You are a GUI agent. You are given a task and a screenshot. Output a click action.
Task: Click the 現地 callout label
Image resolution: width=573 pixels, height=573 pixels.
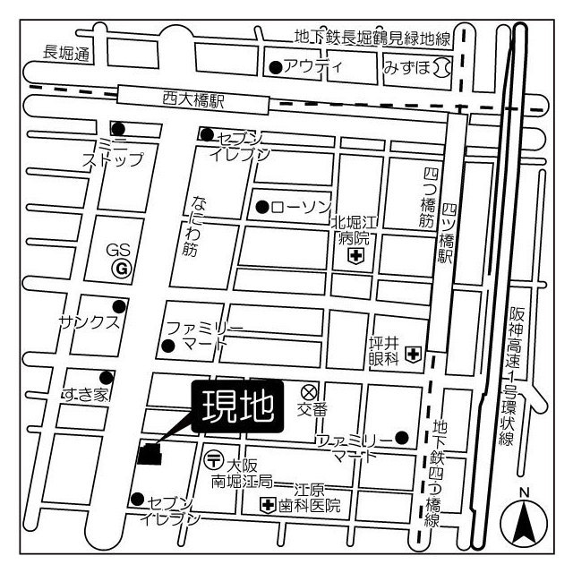238,407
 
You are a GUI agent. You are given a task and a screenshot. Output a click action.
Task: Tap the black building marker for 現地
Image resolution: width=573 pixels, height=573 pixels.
150,455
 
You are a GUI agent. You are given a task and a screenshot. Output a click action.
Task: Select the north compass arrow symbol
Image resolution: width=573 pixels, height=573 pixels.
524,523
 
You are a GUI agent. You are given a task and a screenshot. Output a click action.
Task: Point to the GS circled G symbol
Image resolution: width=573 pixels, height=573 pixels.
119,267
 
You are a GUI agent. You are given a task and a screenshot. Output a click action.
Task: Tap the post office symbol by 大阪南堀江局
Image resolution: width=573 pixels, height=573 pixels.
214,460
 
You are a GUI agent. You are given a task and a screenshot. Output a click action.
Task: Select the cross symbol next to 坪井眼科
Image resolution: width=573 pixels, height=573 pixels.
412,355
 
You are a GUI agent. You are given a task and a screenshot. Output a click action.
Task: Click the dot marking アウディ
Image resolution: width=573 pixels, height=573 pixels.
275,66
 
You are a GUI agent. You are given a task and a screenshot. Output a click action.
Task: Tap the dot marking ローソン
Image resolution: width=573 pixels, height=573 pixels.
261,207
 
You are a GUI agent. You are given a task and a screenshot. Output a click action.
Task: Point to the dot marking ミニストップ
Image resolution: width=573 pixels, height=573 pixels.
117,129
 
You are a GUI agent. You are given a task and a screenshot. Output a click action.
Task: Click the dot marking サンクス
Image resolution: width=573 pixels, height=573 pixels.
117,306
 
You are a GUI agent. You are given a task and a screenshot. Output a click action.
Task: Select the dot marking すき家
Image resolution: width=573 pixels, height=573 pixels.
106,377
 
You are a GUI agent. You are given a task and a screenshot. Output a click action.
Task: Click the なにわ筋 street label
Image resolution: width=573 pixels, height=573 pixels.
190,226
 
